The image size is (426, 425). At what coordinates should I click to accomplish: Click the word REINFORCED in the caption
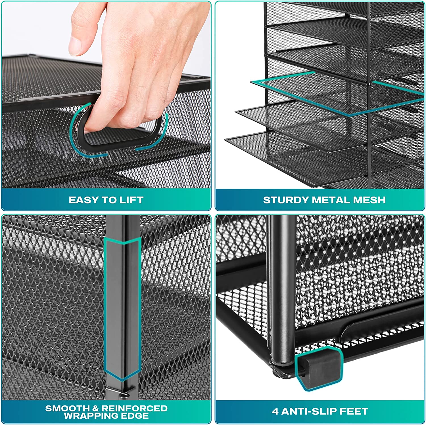pos(134,408)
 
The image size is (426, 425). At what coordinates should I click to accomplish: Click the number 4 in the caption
pos(275,411)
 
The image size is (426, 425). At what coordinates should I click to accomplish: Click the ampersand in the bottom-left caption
pos(96,408)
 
